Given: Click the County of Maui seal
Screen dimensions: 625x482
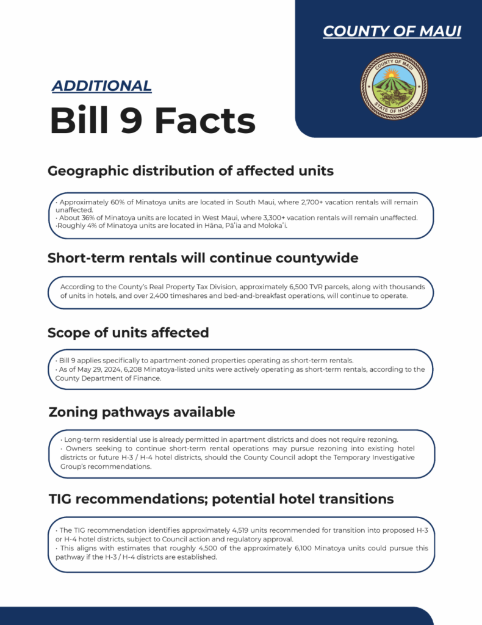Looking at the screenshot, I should pos(394,85).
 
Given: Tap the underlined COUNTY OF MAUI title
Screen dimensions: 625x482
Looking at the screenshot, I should pos(392,32).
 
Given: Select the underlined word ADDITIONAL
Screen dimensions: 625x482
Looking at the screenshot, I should pos(101,86).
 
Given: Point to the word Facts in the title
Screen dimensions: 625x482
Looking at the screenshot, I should pos(205,120).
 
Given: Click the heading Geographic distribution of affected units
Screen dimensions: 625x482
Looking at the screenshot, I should pos(190,171).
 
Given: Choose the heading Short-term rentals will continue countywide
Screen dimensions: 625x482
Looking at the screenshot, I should pos(203,258).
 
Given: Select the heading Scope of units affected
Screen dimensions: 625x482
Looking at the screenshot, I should pos(128,333).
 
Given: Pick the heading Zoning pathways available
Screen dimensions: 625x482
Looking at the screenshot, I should pos(142,412).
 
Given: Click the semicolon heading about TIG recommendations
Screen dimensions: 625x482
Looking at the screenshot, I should pos(221,499).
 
